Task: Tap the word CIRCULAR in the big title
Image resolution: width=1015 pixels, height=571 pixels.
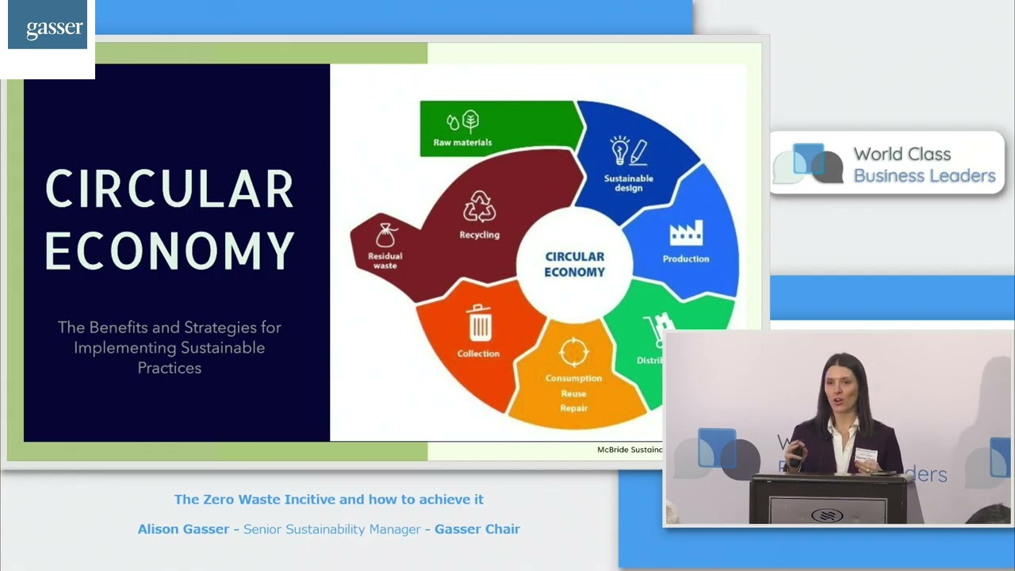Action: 169,190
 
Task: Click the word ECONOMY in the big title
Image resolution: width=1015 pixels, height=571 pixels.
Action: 169,251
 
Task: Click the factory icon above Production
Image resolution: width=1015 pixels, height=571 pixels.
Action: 686,234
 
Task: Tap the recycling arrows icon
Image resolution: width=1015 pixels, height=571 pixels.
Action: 479,207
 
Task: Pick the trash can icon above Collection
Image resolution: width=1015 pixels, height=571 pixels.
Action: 479,324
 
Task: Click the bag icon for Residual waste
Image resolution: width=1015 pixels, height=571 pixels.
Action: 386,236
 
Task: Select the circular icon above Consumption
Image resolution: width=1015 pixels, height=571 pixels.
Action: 573,352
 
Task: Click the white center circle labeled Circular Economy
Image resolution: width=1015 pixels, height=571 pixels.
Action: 574,264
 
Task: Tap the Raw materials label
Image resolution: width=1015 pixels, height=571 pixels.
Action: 462,143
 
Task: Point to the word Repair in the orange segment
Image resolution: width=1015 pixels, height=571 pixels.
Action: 573,408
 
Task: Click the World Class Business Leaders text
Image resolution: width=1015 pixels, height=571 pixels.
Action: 924,165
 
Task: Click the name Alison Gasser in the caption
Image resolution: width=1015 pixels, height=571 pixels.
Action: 183,529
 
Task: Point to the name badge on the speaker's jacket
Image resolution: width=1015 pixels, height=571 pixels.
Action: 866,455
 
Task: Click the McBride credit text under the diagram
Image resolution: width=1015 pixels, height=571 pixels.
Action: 630,450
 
